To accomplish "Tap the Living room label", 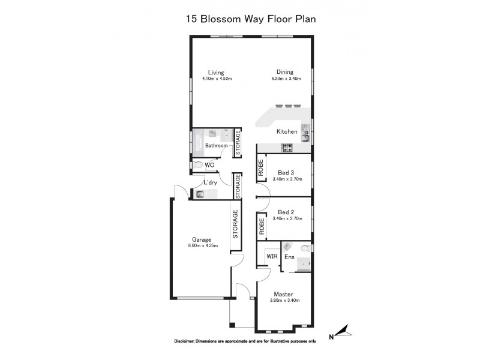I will coord(216,73).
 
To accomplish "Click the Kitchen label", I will coord(286,131).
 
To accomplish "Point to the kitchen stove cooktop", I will coord(287,148).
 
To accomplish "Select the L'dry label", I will coord(210,182).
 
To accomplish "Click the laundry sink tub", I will coord(200,193).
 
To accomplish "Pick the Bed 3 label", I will coord(287,172).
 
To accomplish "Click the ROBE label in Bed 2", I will coord(262,226).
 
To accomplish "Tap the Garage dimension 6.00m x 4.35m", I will coord(201,245).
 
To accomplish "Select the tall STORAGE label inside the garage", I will coord(236,224).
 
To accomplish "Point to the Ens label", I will coord(289,257).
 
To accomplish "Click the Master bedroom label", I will coord(283,294).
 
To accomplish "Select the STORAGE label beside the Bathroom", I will coord(238,143).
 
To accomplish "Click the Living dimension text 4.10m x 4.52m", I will coord(216,79).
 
